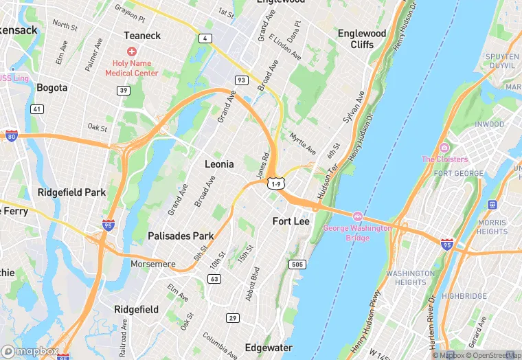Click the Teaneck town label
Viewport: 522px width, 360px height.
(142, 35)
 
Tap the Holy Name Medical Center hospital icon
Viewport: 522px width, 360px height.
(131, 52)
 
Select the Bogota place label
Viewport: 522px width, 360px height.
(52, 87)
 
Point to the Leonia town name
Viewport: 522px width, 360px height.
(219, 164)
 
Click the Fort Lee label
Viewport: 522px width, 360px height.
(291, 221)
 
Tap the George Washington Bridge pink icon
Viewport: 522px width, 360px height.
(357, 217)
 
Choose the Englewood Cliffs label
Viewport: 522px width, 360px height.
(362, 38)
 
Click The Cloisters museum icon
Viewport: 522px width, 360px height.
(444, 148)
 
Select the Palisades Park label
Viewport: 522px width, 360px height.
(181, 236)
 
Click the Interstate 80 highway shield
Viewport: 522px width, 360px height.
(11, 135)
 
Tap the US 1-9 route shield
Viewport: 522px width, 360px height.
(276, 184)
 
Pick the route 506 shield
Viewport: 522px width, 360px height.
(297, 265)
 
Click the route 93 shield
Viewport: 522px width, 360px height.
(241, 80)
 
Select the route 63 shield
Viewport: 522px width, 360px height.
(215, 279)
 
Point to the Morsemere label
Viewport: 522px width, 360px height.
(154, 264)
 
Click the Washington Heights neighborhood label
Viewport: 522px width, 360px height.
(410, 278)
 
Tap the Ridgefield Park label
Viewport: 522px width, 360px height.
(71, 192)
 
